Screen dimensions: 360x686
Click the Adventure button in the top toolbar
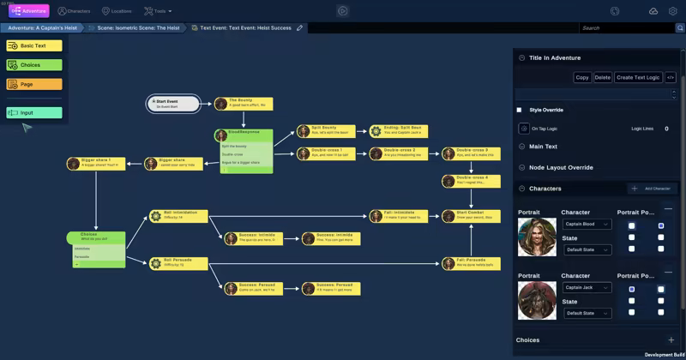(x=29, y=11)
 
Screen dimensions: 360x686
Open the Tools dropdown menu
(x=158, y=11)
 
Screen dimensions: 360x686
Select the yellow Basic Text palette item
(x=34, y=45)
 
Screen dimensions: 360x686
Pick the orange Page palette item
(x=34, y=84)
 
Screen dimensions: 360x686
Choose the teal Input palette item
(x=34, y=112)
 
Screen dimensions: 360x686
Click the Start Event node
(x=174, y=104)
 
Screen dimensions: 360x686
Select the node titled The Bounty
(x=244, y=104)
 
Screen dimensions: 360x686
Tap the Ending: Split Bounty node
(x=399, y=131)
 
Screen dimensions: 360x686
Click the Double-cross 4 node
(x=471, y=180)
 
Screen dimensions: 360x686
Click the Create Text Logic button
(x=638, y=78)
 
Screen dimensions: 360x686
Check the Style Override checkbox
(x=519, y=110)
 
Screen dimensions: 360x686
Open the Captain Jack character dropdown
(x=587, y=288)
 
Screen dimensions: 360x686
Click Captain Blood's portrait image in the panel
(x=537, y=237)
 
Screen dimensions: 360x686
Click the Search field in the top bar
(x=625, y=28)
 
